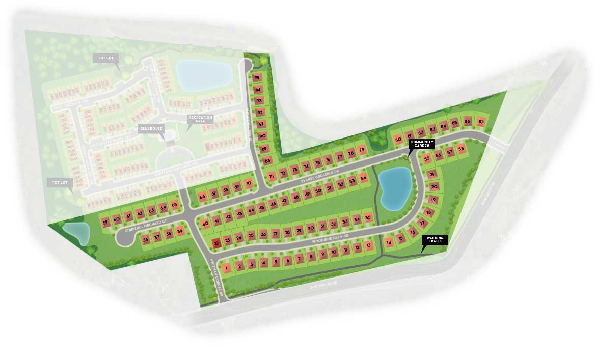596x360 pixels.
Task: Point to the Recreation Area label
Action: click(x=200, y=119)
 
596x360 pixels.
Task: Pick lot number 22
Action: click(x=216, y=243)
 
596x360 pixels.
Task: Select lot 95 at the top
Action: click(x=257, y=78)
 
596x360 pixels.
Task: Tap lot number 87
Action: click(x=480, y=122)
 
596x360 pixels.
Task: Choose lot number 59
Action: click(x=105, y=223)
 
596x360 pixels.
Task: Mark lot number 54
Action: click(x=363, y=179)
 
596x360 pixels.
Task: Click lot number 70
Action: click(x=248, y=184)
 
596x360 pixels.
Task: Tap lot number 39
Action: click(x=179, y=232)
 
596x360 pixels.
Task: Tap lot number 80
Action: click(x=398, y=140)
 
